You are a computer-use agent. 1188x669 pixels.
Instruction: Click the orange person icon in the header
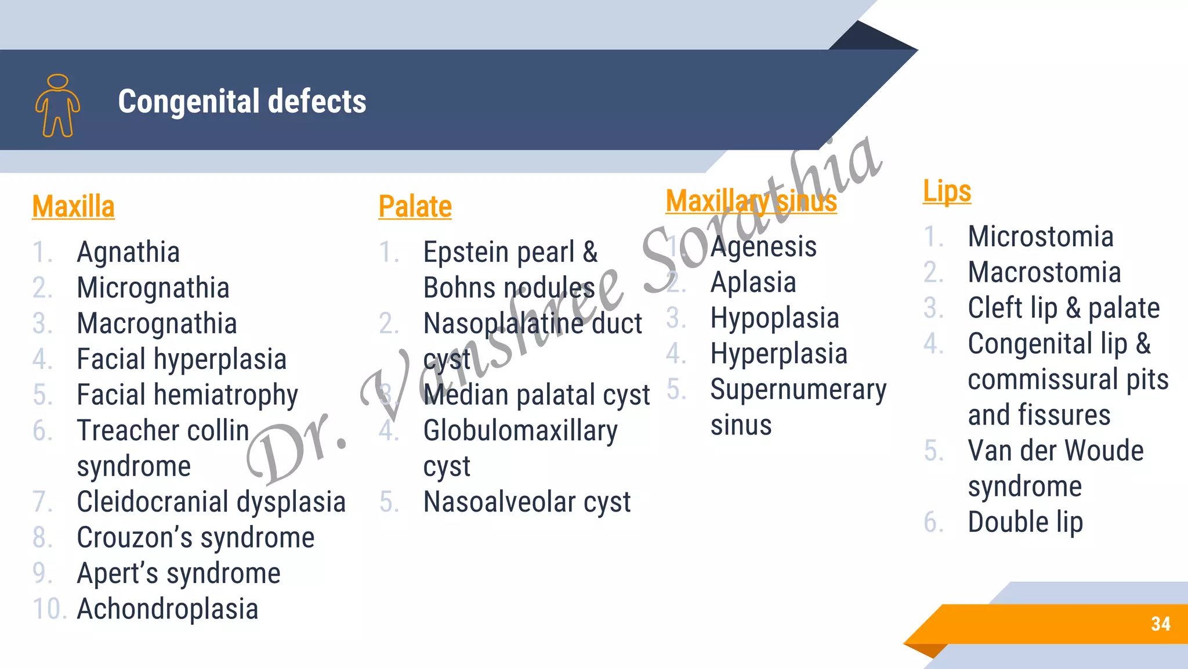click(57, 106)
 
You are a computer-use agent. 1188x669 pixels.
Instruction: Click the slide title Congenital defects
click(242, 102)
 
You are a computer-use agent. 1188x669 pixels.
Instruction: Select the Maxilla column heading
click(74, 207)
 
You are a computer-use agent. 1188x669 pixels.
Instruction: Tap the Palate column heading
click(415, 207)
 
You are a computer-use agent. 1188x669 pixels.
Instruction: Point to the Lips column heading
click(947, 191)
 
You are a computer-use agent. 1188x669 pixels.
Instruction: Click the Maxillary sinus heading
click(751, 202)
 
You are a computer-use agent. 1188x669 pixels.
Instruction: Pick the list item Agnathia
click(128, 252)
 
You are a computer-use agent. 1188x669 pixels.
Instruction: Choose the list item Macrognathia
click(157, 323)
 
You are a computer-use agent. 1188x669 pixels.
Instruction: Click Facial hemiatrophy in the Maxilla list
click(187, 395)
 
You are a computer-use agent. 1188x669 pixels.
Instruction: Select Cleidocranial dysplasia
click(211, 502)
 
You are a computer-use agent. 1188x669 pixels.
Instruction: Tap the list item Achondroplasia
click(168, 609)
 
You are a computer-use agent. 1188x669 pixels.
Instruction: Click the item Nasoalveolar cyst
click(527, 502)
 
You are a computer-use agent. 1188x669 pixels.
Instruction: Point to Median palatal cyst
click(537, 395)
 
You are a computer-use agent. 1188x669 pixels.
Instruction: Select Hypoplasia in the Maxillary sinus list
click(775, 318)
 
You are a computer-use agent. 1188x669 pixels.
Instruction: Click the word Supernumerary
click(798, 390)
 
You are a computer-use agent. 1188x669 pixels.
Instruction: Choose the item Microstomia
click(1041, 237)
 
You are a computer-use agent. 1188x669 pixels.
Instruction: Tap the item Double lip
click(1025, 522)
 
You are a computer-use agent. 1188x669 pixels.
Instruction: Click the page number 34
click(1160, 624)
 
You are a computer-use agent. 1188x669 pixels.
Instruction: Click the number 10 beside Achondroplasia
click(49, 609)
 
